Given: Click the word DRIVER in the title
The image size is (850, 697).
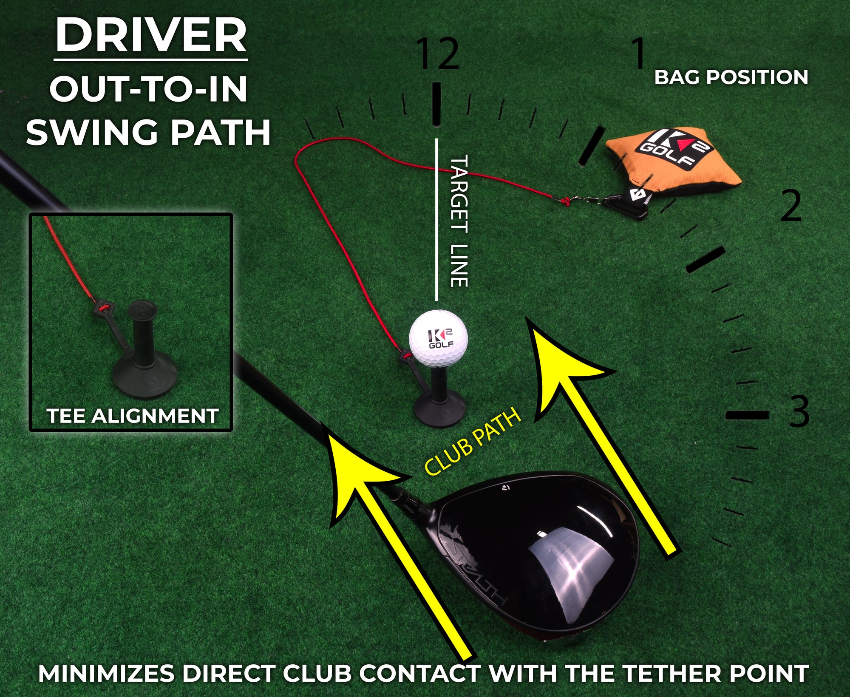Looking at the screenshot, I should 151,36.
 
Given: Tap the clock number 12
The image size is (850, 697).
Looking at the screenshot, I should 438,54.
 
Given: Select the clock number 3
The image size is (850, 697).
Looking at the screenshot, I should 799,411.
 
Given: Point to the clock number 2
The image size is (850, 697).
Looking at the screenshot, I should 791,206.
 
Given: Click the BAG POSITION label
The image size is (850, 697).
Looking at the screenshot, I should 731,77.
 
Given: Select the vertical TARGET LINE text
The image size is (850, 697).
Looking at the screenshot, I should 459,221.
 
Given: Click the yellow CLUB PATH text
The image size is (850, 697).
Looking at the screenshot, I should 473,442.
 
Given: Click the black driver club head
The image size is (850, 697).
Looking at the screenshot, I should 540,552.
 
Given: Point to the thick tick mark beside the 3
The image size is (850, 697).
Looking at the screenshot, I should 747,414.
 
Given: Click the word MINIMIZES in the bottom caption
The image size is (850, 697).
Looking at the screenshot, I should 106,674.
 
